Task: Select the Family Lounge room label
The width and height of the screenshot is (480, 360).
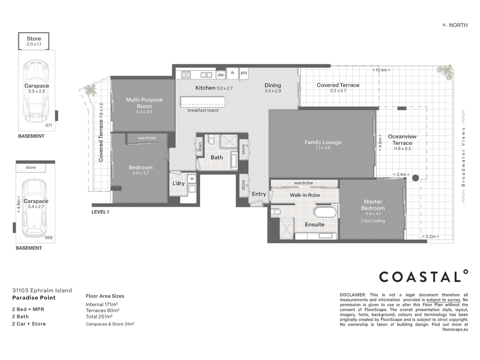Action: coord(323,142)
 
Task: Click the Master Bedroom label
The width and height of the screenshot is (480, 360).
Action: coord(373,205)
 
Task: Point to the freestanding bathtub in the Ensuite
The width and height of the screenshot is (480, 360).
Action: coord(325,212)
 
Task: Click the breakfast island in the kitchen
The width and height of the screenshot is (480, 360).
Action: coord(203,102)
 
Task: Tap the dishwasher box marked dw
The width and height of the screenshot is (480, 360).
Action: coord(221,75)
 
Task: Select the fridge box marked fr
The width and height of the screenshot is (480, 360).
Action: coord(233,73)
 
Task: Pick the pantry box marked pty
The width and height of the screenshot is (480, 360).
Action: coord(244,73)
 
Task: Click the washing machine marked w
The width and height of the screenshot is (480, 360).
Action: coord(192,179)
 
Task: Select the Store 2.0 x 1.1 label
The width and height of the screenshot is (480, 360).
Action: coord(34,41)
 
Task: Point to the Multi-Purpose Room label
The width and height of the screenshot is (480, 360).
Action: coord(144,103)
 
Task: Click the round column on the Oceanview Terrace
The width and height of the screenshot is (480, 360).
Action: coord(415,178)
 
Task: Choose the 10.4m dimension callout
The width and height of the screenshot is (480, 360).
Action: coord(381,70)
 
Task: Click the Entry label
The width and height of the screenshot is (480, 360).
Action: coord(259,194)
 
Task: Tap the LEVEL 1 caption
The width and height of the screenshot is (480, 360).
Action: coord(100,212)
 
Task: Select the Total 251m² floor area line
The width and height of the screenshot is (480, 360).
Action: coord(99,317)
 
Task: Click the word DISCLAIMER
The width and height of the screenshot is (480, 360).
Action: coord(352,295)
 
